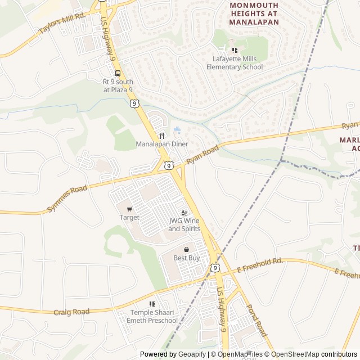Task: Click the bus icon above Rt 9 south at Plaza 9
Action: click(x=118, y=73)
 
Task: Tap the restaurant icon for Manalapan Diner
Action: click(x=162, y=136)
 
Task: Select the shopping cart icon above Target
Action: click(x=129, y=209)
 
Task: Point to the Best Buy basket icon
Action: click(x=186, y=249)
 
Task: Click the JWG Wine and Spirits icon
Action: click(x=184, y=212)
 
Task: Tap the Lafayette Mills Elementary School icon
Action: click(x=235, y=51)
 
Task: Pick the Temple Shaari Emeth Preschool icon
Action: click(x=152, y=304)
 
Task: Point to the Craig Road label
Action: click(x=71, y=312)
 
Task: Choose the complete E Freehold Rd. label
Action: click(x=259, y=265)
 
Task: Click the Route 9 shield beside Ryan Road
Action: click(x=169, y=165)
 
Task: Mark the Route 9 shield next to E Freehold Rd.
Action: click(x=215, y=268)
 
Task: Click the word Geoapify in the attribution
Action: click(x=192, y=354)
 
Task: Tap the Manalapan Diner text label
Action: click(x=162, y=144)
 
